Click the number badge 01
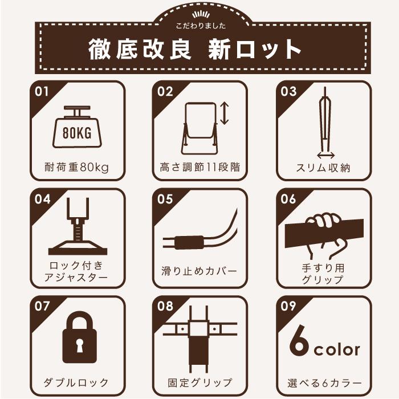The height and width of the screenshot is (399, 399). pyautogui.click(x=42, y=92)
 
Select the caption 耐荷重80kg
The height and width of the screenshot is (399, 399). pyautogui.click(x=76, y=168)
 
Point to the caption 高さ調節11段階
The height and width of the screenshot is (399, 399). pyautogui.click(x=199, y=168)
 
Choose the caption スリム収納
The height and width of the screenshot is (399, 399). pyautogui.click(x=323, y=168)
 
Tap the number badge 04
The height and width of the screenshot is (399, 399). pyautogui.click(x=42, y=199)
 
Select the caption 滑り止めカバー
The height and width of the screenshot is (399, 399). pyautogui.click(x=199, y=270)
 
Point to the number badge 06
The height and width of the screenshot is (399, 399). pyautogui.click(x=289, y=199)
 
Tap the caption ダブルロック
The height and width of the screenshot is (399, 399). pyautogui.click(x=76, y=381)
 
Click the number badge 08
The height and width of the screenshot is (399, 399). pyautogui.click(x=165, y=306)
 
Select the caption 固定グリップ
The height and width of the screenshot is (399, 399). pyautogui.click(x=199, y=381)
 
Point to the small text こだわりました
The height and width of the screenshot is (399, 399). pyautogui.click(x=199, y=26)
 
